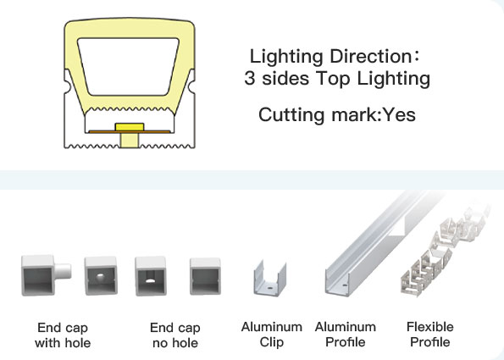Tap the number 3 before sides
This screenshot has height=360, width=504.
249,78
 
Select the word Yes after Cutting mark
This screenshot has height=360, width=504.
400,114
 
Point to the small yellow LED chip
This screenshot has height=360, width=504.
130,127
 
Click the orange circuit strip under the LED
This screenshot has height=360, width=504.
130,132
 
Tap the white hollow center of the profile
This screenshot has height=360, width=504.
128,67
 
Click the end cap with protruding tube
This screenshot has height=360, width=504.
46,275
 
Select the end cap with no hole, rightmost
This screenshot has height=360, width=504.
205,276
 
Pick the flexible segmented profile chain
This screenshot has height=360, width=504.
445,248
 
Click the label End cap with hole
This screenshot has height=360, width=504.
63,335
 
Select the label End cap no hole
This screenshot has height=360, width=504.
175,335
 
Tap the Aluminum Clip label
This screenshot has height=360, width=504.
272,335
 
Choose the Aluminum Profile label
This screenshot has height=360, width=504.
346,335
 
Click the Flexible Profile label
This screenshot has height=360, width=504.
430,335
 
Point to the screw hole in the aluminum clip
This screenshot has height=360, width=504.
269,285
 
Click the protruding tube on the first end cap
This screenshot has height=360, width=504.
63,271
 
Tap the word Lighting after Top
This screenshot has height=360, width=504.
393,79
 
